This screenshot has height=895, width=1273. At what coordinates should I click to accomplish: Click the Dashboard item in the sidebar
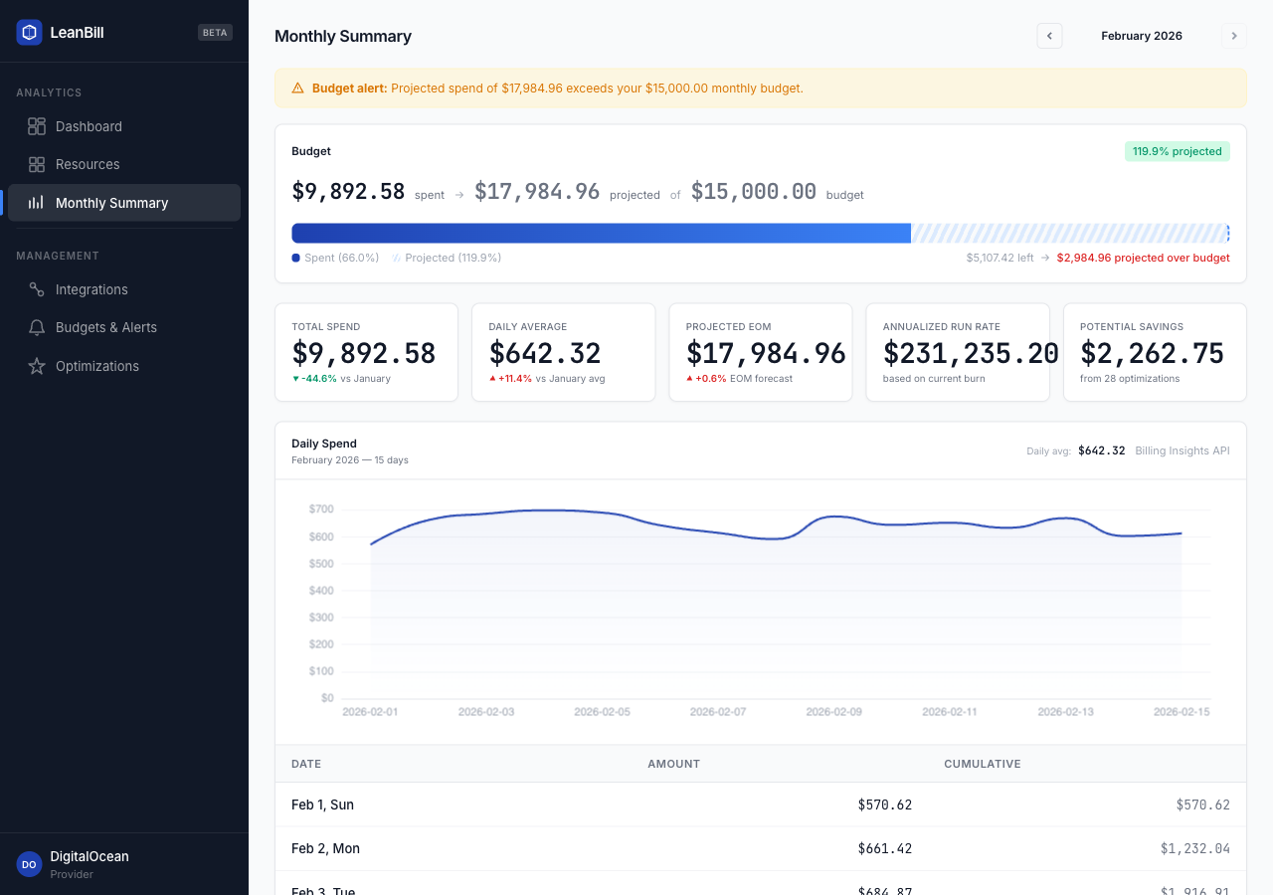[89, 126]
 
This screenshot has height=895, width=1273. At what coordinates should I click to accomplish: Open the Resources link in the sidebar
[88, 164]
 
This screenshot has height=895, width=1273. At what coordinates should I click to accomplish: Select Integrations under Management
[91, 289]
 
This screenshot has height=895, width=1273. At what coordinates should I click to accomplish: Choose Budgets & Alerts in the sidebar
[105, 327]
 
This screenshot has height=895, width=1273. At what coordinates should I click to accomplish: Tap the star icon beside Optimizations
[37, 366]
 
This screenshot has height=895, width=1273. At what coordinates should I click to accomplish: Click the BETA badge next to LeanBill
[215, 32]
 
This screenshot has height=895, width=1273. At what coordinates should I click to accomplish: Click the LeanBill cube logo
[29, 32]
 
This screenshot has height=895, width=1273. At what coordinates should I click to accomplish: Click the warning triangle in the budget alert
[297, 88]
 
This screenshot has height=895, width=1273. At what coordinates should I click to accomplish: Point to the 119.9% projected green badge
[1177, 151]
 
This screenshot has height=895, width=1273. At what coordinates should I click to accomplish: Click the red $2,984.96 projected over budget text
[1143, 258]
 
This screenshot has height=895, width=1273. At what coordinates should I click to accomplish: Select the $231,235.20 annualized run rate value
[971, 353]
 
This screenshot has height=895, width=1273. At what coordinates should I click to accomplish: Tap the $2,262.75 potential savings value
[1152, 353]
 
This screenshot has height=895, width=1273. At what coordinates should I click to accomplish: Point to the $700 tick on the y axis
[321, 509]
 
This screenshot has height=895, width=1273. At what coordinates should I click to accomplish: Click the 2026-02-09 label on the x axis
[833, 712]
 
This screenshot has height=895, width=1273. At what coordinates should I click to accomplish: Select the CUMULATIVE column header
[982, 764]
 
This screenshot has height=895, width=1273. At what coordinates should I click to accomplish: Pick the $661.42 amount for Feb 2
[884, 848]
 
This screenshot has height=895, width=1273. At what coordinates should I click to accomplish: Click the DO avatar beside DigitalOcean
[29, 864]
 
